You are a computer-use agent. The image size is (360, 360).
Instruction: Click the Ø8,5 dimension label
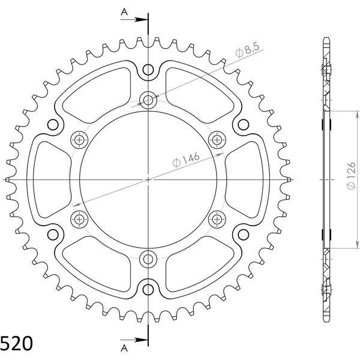point(247,50)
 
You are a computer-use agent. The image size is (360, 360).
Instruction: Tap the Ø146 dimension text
point(186,160)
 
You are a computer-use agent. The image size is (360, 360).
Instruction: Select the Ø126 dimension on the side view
point(351,176)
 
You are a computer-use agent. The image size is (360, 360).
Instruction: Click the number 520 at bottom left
point(17,343)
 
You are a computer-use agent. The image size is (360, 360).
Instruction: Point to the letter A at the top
point(124,12)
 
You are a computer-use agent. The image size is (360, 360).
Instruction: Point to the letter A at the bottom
point(124,348)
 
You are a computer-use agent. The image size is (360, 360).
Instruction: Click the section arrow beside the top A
point(134,20)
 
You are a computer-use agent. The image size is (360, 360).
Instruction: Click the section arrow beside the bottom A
point(134,340)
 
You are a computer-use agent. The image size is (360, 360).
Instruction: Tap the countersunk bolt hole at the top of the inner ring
point(148,100)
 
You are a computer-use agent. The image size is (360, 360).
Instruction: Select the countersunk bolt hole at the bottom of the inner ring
point(148,259)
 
